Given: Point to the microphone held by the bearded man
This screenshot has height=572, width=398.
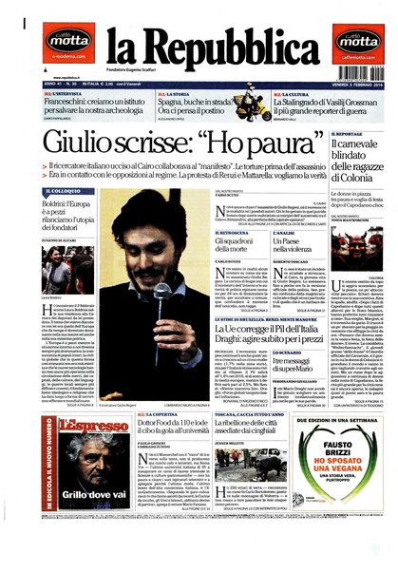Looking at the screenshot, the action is tap(163, 291).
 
